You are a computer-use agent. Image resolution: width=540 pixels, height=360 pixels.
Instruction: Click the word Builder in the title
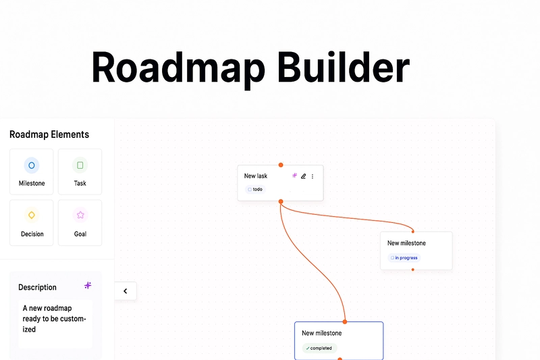(x=344, y=67)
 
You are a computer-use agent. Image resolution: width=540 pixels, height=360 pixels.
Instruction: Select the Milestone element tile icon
(x=31, y=165)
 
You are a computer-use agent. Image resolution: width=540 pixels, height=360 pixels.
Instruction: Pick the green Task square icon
(x=80, y=165)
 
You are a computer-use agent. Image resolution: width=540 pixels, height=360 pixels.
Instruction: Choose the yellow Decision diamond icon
(x=31, y=215)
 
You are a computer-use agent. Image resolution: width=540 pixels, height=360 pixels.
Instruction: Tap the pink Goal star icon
(x=80, y=215)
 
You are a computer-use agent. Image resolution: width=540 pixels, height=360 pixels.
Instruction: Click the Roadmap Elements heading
(x=49, y=134)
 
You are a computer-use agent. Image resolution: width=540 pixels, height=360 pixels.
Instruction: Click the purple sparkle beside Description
(x=88, y=286)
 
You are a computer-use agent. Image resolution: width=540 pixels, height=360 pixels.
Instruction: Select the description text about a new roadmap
(x=55, y=319)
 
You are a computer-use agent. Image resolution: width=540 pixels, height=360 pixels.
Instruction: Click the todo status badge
(x=255, y=190)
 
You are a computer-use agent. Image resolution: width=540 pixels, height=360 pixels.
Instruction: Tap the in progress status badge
(x=404, y=258)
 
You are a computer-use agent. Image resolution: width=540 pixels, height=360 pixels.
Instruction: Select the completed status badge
(x=319, y=349)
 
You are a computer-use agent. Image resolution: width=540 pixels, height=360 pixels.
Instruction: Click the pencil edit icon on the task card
(x=303, y=176)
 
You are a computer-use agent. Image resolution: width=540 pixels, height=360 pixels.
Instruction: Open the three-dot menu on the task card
(x=313, y=176)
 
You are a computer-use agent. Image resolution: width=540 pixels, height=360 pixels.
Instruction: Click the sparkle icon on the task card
(x=294, y=176)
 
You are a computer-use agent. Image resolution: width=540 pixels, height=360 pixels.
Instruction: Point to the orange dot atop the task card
(x=281, y=165)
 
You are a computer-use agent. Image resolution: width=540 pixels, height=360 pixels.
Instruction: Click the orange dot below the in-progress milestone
(x=412, y=269)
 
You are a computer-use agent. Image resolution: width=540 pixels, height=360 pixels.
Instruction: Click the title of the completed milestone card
(x=322, y=333)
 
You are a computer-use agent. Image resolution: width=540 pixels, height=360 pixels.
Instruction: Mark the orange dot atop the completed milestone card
(x=345, y=322)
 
